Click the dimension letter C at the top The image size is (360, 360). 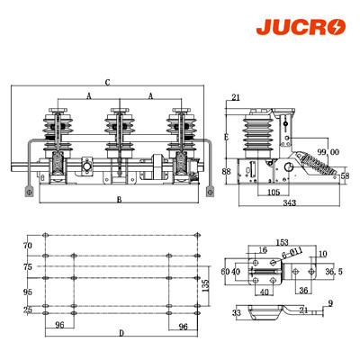[108, 83]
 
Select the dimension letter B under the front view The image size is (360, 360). [119, 200]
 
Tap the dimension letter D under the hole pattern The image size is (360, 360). [121, 334]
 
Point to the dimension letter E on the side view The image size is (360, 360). [226, 137]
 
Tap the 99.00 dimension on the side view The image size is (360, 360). [327, 152]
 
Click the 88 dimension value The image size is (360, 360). [226, 172]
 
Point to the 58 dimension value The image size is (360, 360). [345, 177]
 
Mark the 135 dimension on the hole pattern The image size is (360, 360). [205, 285]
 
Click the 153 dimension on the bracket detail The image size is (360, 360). [282, 243]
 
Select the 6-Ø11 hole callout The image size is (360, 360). [292, 255]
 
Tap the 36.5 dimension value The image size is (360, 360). [334, 271]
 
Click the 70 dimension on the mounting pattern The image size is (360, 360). [27, 246]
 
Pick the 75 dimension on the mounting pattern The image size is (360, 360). [27, 266]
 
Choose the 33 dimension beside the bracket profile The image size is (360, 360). [237, 312]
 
